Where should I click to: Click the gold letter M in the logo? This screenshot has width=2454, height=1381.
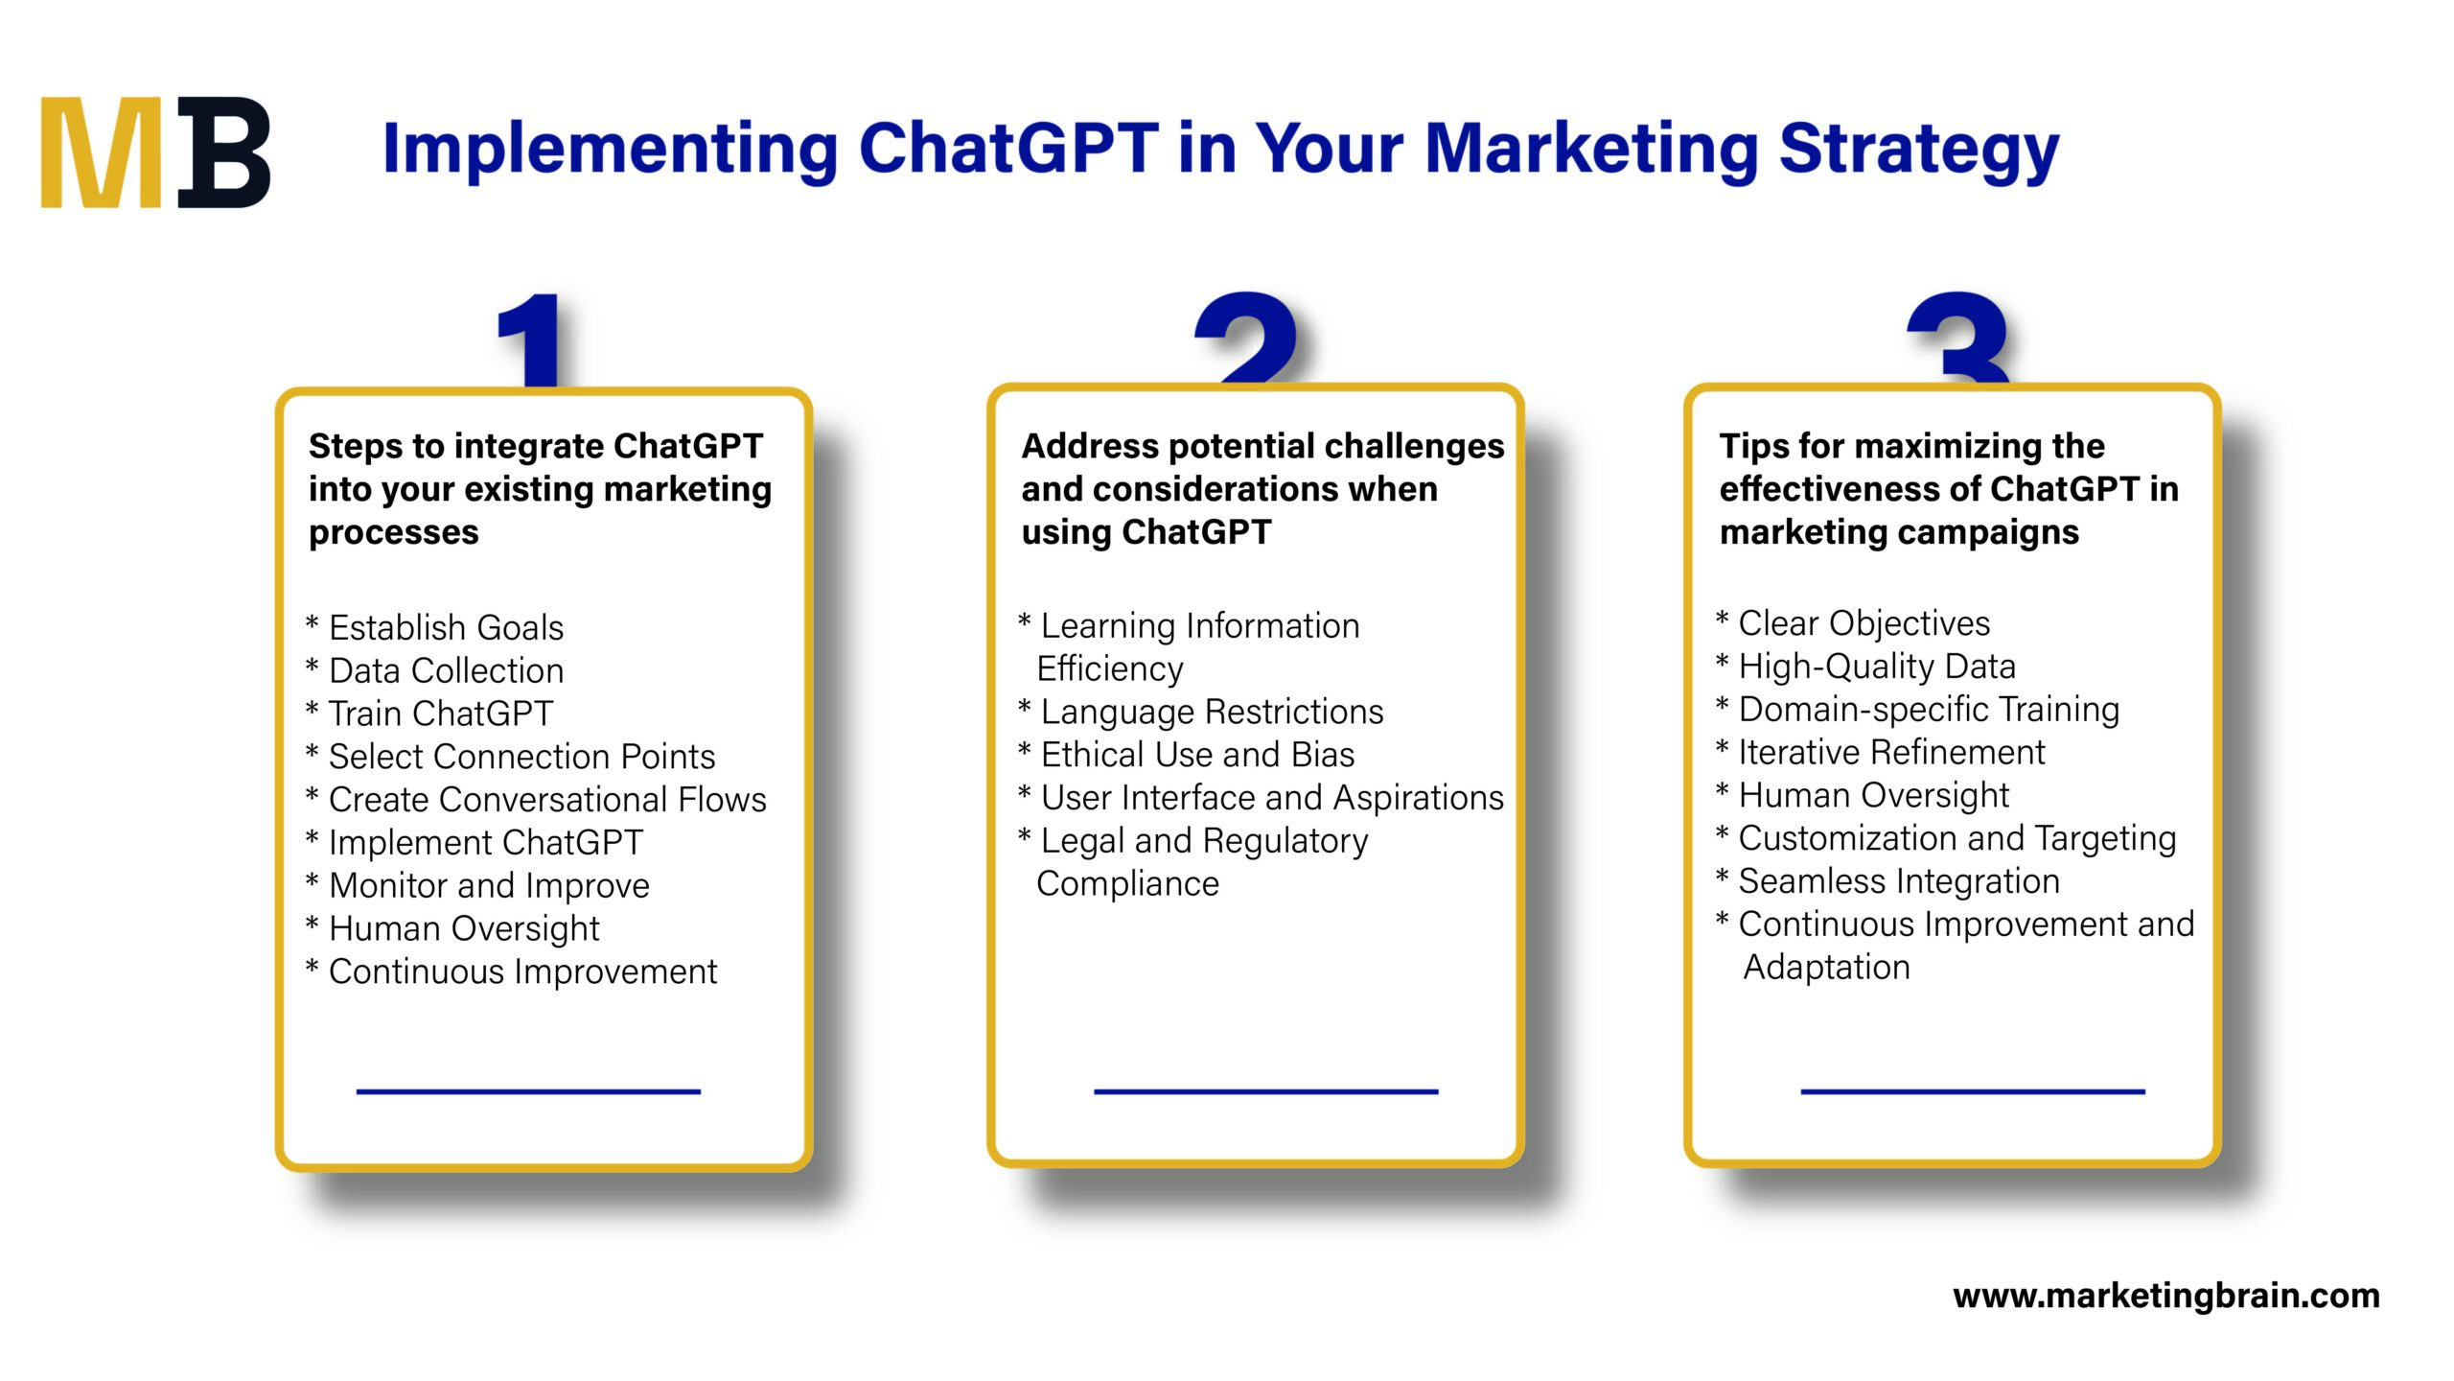pyautogui.click(x=101, y=153)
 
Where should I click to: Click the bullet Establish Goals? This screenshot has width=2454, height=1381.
pyautogui.click(x=445, y=628)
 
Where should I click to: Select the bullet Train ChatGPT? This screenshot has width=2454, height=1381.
pyautogui.click(x=440, y=714)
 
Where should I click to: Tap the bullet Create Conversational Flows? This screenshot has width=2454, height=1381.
pyautogui.click(x=546, y=800)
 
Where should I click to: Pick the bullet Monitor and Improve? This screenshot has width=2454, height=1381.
pyautogui.click(x=488, y=886)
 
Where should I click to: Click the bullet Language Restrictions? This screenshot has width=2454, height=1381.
pyautogui.click(x=1211, y=713)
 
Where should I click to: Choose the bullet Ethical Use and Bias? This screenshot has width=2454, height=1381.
pyautogui.click(x=1196, y=756)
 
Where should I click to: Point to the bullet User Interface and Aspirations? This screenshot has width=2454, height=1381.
pyautogui.click(x=1271, y=798)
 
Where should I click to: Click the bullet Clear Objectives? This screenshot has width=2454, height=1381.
pyautogui.click(x=1863, y=624)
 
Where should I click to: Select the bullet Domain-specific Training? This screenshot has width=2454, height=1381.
pyautogui.click(x=1928, y=711)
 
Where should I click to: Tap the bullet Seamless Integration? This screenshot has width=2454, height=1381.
pyautogui.click(x=1898, y=882)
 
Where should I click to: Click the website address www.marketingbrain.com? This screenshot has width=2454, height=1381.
pyautogui.click(x=2165, y=1297)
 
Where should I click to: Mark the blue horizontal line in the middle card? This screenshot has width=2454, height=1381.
pyautogui.click(x=1265, y=1091)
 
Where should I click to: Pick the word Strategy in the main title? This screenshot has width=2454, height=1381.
pyautogui.click(x=1918, y=151)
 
